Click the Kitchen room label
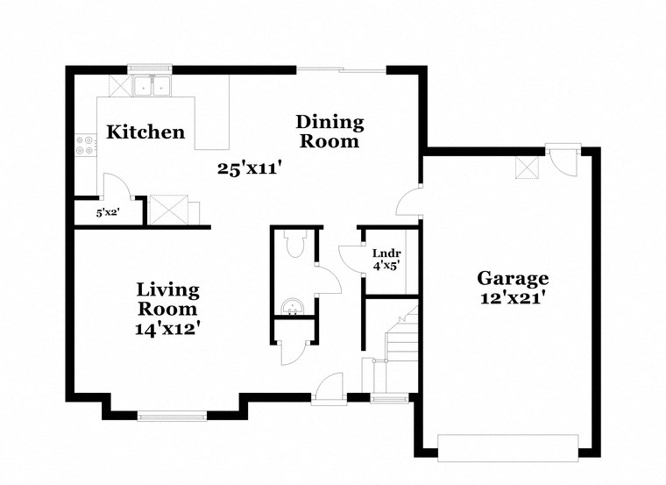tap(145, 132)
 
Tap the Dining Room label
tap(329, 131)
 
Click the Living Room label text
tap(167, 299)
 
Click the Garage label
tap(513, 278)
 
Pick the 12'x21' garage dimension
tap(513, 298)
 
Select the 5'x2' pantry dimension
tap(108, 212)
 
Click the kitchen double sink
tap(153, 86)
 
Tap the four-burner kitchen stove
tap(86, 144)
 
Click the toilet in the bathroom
tap(295, 244)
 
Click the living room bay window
tap(175, 415)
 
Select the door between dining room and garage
tap(409, 202)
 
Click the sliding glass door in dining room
tap(341, 69)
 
